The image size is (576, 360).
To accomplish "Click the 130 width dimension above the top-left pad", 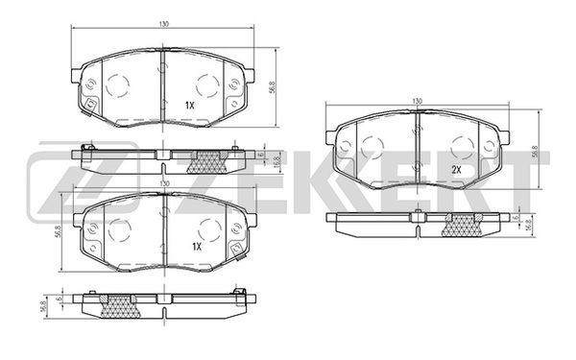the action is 164,24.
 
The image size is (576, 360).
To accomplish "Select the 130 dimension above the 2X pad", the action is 418,101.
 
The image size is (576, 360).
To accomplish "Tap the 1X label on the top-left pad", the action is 189,106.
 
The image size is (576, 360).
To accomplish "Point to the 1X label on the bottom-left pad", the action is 197,247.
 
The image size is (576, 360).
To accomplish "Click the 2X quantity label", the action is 456,170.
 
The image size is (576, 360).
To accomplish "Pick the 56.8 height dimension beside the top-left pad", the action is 273,87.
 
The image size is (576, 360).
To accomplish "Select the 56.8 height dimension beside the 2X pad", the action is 535,152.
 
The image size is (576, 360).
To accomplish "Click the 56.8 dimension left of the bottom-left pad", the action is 58,232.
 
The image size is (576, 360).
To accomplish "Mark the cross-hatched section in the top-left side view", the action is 207,162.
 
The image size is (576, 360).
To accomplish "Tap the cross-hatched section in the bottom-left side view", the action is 120,306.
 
